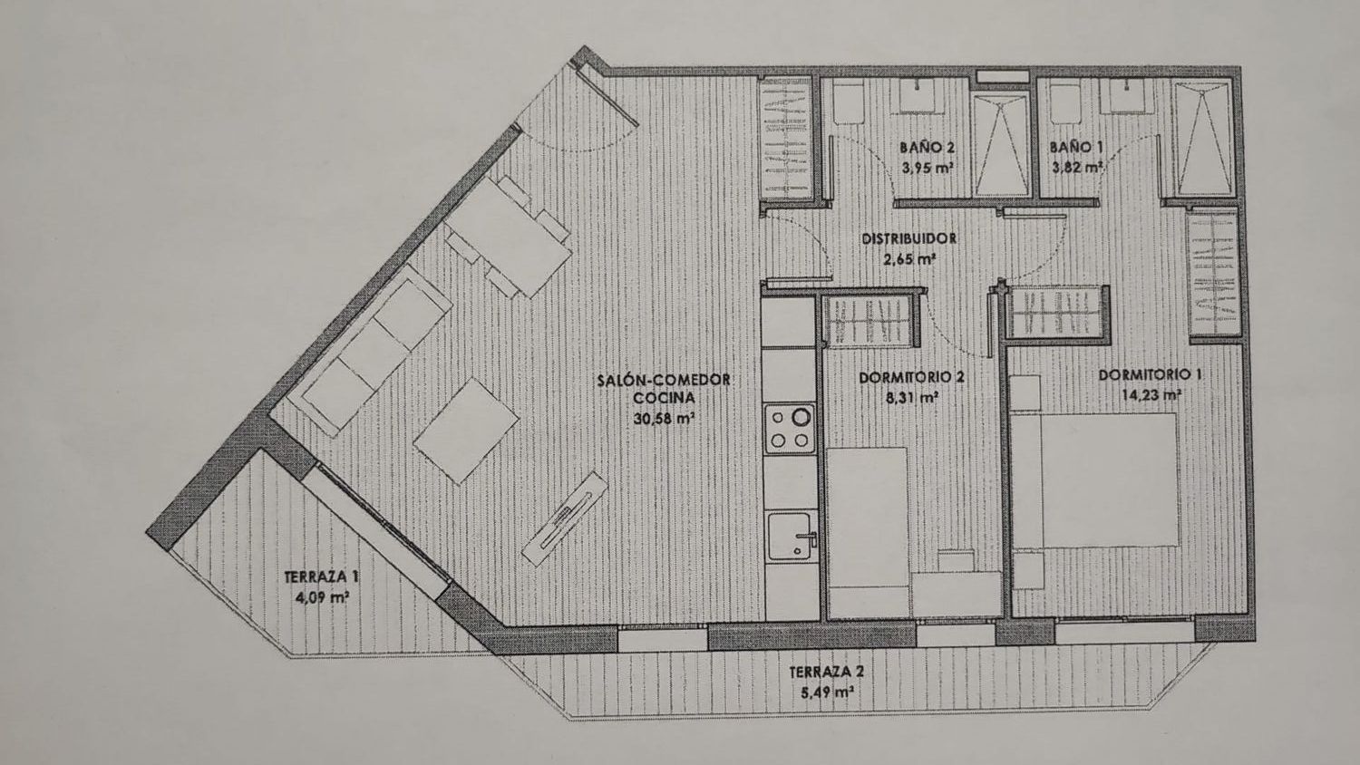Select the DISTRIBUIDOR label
coord(909,238)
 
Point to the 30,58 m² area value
coord(664,419)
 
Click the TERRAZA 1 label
coord(321,576)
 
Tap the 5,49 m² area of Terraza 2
coord(826,692)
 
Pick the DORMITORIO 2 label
coord(911,378)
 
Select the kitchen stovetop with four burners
coord(790,429)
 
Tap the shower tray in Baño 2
coord(1001,144)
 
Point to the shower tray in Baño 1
coord(1203,139)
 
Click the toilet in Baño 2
coord(848,103)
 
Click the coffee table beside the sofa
coord(466,430)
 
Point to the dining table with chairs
coord(508,237)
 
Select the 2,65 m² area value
coord(909,259)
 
